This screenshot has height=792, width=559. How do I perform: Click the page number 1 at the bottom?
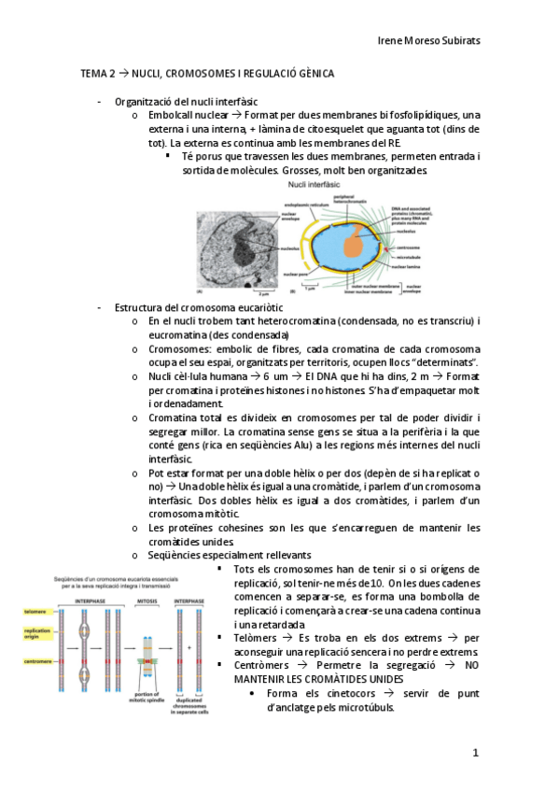click(x=475, y=751)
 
